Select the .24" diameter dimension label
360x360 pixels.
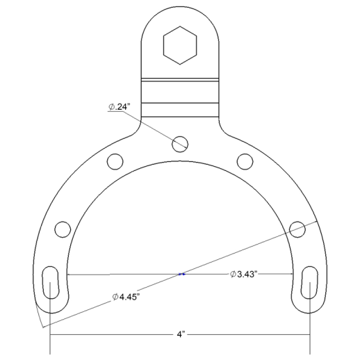pos(120,107)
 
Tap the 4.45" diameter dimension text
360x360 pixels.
pos(126,297)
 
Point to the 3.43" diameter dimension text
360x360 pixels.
pos(244,274)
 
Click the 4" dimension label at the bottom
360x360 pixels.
pos(180,334)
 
